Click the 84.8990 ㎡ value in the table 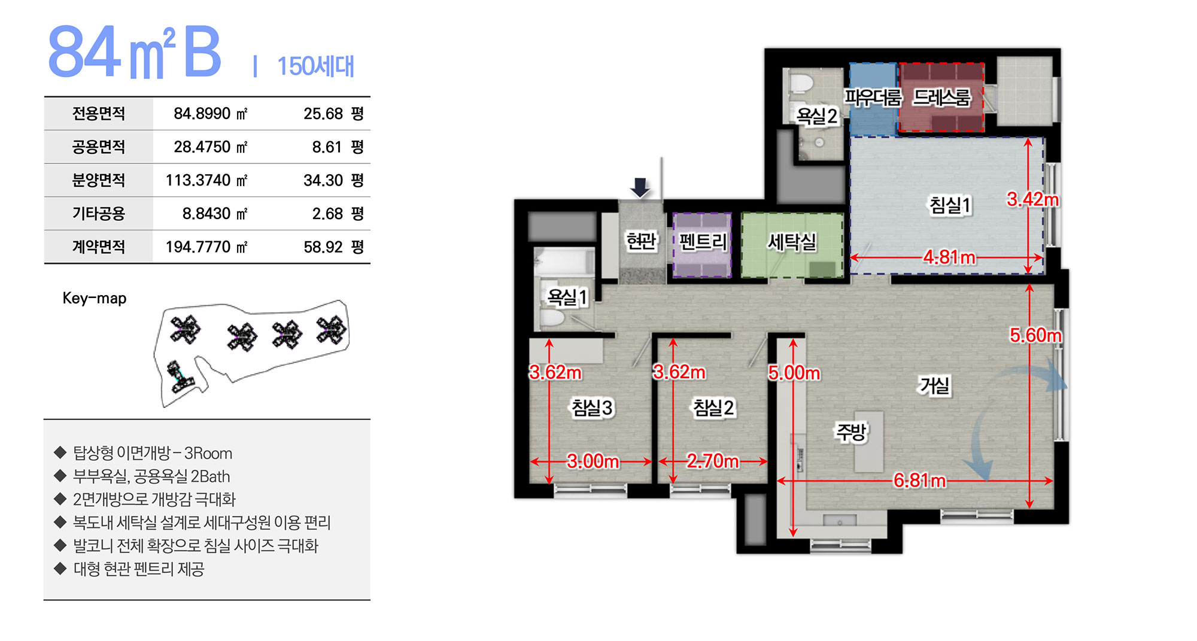click(210, 114)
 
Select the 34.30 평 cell click(333, 180)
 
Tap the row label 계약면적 click(99, 247)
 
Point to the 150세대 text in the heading click(315, 66)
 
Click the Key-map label click(95, 298)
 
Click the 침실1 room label click(950, 205)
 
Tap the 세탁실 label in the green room click(792, 242)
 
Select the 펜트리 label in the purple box click(703, 242)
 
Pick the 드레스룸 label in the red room click(941, 98)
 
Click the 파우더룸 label click(873, 98)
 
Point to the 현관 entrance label click(641, 241)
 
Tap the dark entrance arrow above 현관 click(640, 187)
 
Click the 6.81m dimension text click(919, 481)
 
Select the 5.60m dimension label click(1036, 335)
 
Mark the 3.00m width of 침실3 click(593, 461)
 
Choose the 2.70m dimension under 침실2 click(712, 461)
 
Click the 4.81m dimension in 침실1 click(949, 257)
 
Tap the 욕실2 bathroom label click(817, 116)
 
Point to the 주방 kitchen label click(850, 432)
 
